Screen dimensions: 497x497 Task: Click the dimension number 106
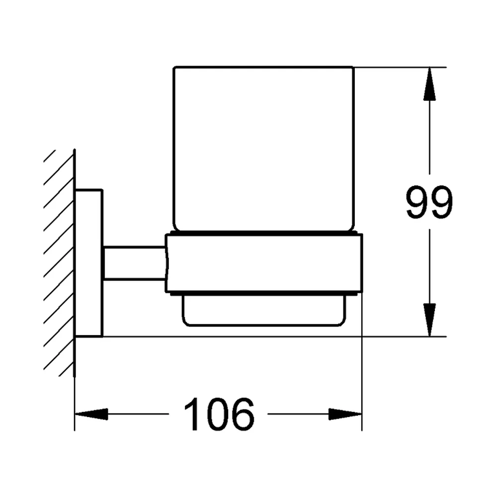pyautogui.click(x=219, y=414)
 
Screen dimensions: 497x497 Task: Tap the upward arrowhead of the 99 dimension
pyautogui.click(x=429, y=84)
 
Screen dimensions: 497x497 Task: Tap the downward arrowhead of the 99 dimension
pyautogui.click(x=429, y=320)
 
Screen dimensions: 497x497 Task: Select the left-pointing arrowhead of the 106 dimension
pyautogui.click(x=91, y=414)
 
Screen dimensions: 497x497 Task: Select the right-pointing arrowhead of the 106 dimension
pyautogui.click(x=345, y=414)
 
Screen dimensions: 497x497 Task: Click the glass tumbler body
pyautogui.click(x=263, y=149)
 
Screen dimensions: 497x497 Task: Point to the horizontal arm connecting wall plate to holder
pyautogui.click(x=134, y=263)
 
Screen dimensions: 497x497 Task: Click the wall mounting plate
pyautogui.click(x=88, y=263)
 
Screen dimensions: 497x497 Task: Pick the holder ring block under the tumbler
pyautogui.click(x=264, y=263)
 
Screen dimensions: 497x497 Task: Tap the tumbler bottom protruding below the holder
pyautogui.click(x=264, y=310)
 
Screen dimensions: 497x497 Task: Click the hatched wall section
pyautogui.click(x=60, y=263)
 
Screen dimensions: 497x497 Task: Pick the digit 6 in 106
pyautogui.click(x=243, y=414)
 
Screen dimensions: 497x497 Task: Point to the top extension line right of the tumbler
pyautogui.click(x=400, y=67)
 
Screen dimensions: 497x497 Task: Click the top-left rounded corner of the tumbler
pyautogui.click(x=174, y=68)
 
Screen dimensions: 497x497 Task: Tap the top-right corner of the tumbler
pyautogui.click(x=353, y=68)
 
